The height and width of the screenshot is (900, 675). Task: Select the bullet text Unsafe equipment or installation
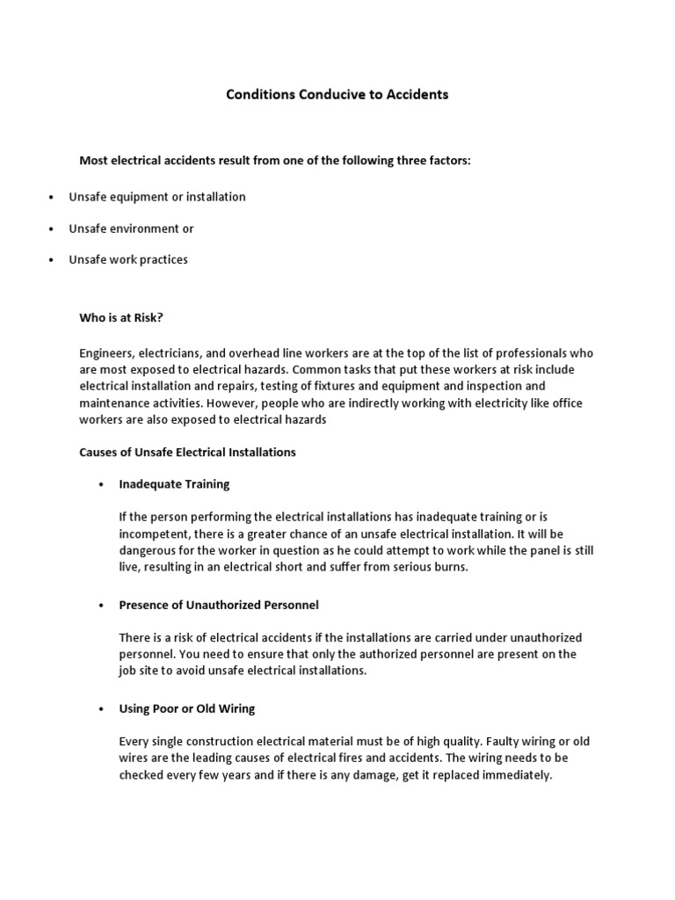coord(157,197)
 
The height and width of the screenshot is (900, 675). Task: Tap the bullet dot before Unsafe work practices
coord(53,260)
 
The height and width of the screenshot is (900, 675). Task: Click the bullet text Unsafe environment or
coord(131,229)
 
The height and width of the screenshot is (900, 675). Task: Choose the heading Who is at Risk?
coord(122,318)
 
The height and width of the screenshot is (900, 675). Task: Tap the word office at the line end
coord(577,403)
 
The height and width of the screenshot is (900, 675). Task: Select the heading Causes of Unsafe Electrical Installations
coord(188,452)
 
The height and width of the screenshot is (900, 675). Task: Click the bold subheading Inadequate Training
coord(174,483)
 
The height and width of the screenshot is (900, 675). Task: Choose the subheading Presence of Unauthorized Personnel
coord(219,606)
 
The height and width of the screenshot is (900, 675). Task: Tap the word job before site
coord(128,671)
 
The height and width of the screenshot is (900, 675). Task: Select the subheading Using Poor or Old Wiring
coord(187,708)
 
